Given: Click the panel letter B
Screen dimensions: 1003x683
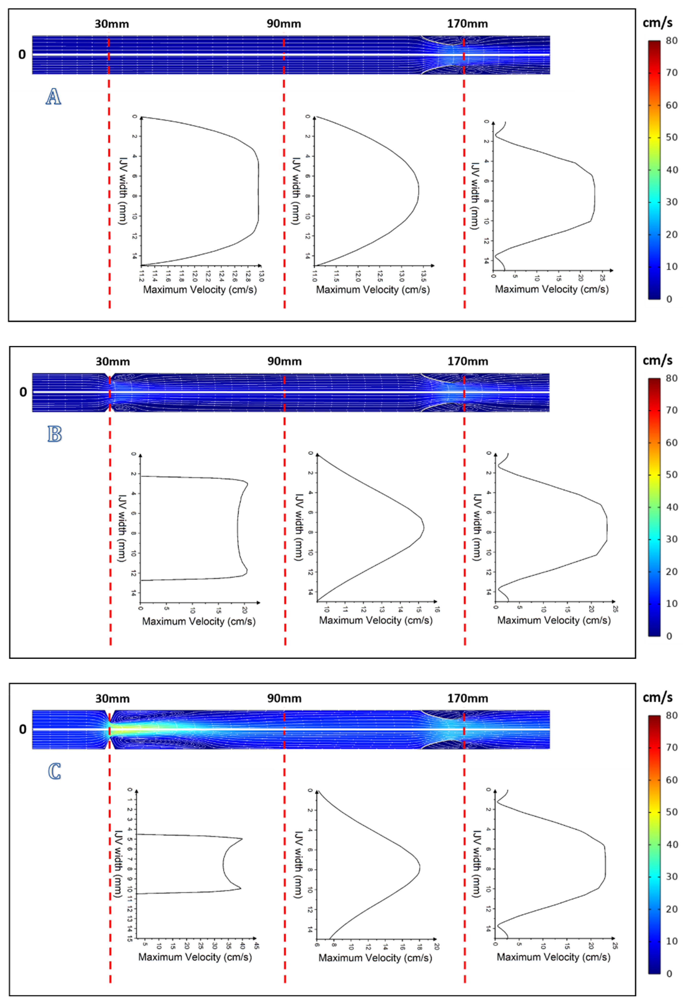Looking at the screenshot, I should click(x=54, y=434).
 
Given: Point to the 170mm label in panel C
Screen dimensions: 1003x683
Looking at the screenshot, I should click(x=468, y=698).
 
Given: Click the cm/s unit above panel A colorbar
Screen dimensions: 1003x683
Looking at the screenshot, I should click(x=657, y=23).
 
